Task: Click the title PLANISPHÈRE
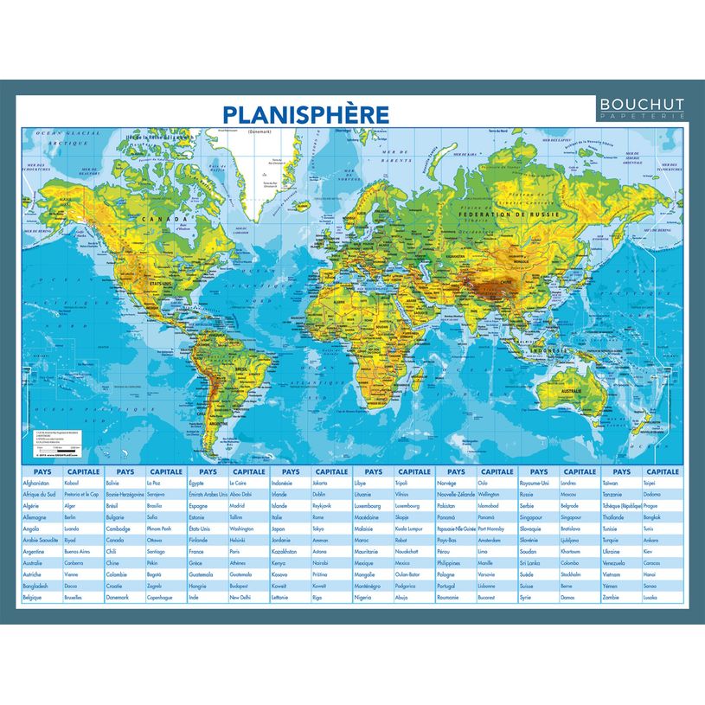point(305,114)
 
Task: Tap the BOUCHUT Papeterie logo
point(642,106)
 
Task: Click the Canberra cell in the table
point(79,562)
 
